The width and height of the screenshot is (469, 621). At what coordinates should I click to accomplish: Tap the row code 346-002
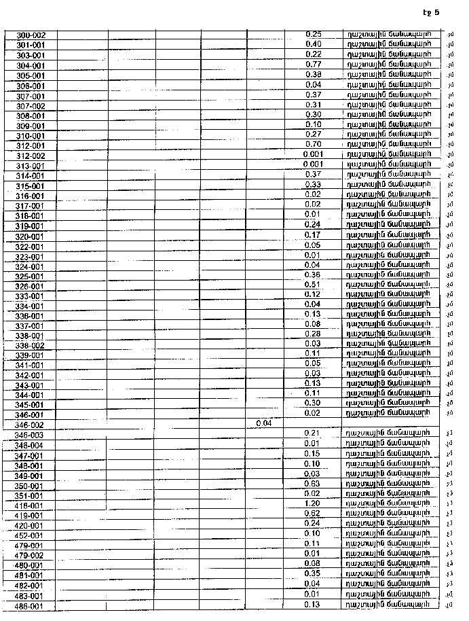coord(29,424)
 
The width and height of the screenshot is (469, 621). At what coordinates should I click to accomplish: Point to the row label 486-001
coord(29,606)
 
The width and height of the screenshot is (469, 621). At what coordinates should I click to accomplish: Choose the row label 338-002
coord(29,345)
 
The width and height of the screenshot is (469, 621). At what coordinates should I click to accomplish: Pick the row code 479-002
coord(29,556)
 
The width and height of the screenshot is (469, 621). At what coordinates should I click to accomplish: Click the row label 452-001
coord(29,535)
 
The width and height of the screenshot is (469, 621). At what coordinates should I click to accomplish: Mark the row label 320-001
coord(29,236)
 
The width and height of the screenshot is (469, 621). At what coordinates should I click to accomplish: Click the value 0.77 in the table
coord(313,64)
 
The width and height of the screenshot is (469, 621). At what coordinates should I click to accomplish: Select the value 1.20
coord(312,503)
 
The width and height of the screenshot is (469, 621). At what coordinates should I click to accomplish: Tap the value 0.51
coord(312,284)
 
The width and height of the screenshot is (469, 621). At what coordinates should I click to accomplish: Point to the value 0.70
coord(313,144)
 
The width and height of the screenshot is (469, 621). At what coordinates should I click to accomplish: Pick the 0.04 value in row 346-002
coord(264,423)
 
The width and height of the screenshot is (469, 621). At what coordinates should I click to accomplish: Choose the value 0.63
coord(312,484)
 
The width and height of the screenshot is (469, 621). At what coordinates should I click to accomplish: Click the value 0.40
coord(313,44)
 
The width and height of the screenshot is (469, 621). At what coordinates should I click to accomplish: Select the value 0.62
coord(312,514)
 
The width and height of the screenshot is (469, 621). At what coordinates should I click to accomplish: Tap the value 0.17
coord(312,235)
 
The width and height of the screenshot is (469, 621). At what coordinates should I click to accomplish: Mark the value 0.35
coord(312,573)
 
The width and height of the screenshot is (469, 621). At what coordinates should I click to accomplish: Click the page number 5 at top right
coord(437,12)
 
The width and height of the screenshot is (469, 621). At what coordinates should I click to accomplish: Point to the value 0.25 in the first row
coord(313,34)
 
